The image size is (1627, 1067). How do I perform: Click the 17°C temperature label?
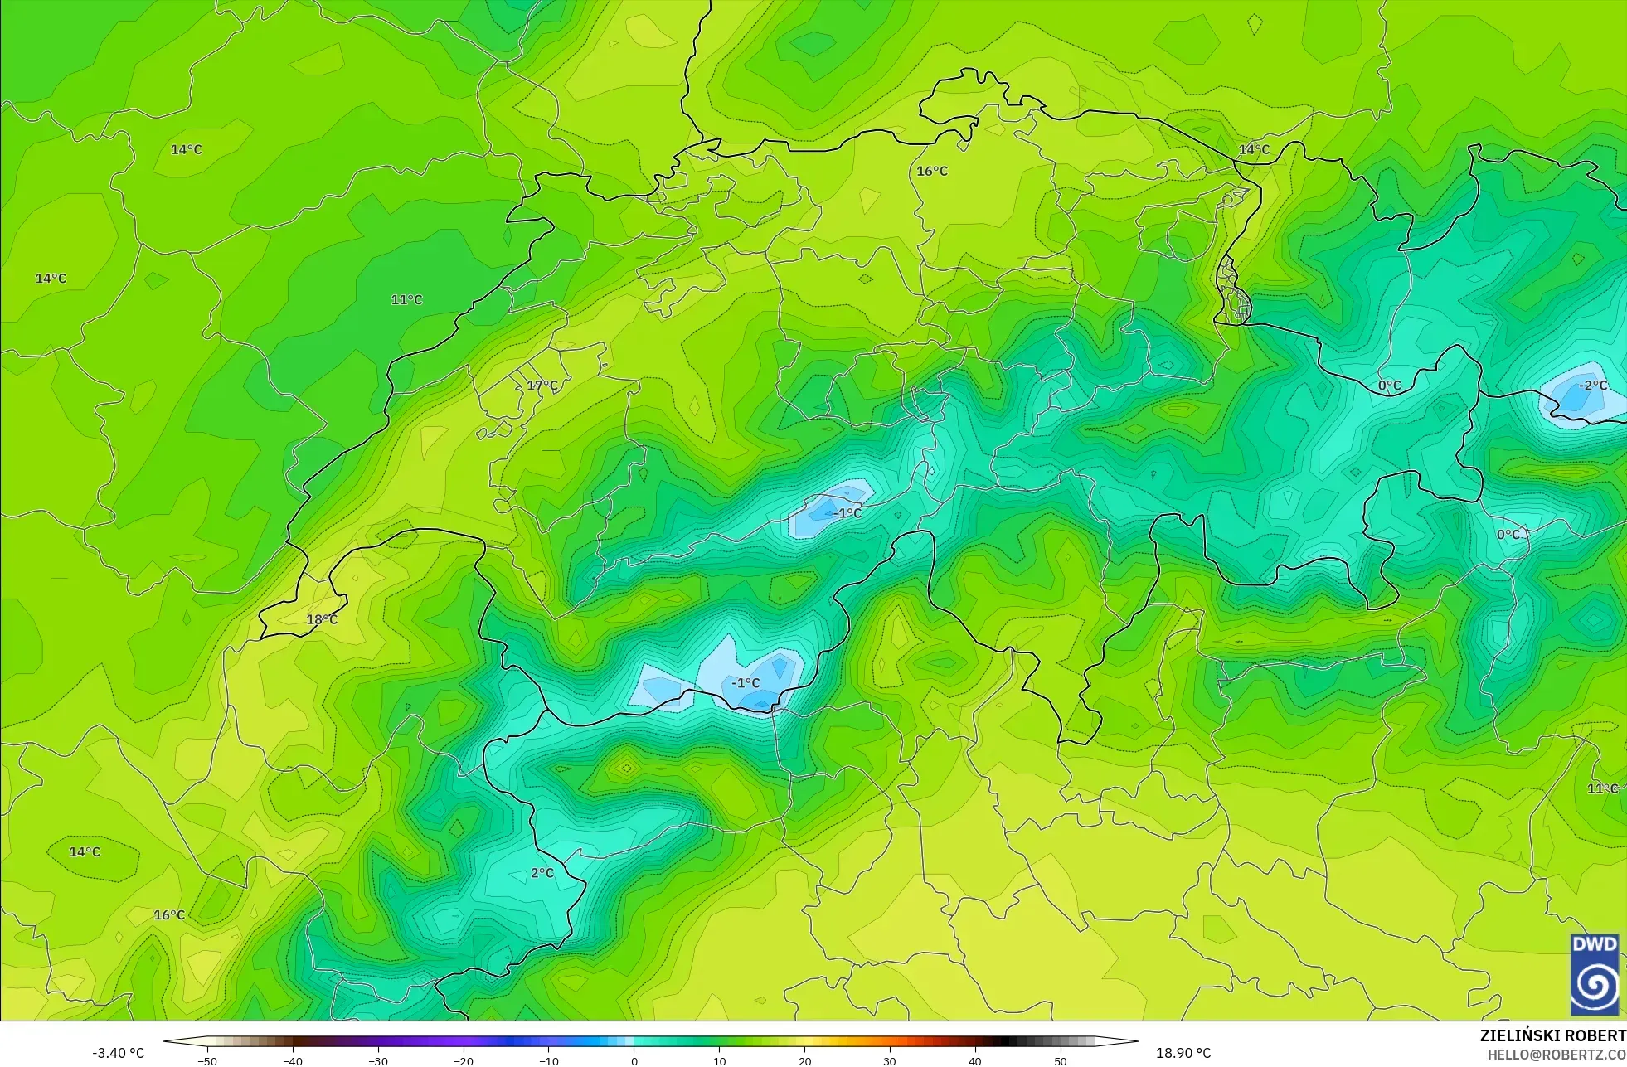(542, 386)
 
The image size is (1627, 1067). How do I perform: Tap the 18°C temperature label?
(322, 619)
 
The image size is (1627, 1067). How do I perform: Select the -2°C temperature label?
(1592, 386)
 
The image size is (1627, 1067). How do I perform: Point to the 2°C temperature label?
(542, 873)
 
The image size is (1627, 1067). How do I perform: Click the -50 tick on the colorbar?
(207, 1060)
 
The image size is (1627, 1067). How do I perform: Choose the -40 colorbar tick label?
(293, 1060)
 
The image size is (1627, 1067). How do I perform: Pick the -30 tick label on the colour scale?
(378, 1060)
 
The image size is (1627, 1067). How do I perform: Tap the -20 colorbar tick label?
(464, 1060)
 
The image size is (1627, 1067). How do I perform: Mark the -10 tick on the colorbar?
(549, 1060)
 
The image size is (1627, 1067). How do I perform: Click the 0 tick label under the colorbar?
(634, 1060)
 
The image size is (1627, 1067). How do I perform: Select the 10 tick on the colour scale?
(719, 1060)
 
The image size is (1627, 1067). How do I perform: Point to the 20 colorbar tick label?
(804, 1060)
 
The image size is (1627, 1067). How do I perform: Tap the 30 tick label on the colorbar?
(890, 1060)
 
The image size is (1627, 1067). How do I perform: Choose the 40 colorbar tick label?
(975, 1060)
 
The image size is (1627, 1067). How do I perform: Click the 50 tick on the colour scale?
(1061, 1060)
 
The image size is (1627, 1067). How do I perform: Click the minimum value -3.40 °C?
(118, 1053)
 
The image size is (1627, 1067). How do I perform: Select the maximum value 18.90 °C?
(1183, 1053)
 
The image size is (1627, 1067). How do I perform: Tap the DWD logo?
(1594, 974)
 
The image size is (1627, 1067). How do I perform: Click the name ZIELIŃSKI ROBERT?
(1552, 1035)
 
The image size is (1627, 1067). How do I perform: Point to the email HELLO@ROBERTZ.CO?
(1556, 1055)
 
